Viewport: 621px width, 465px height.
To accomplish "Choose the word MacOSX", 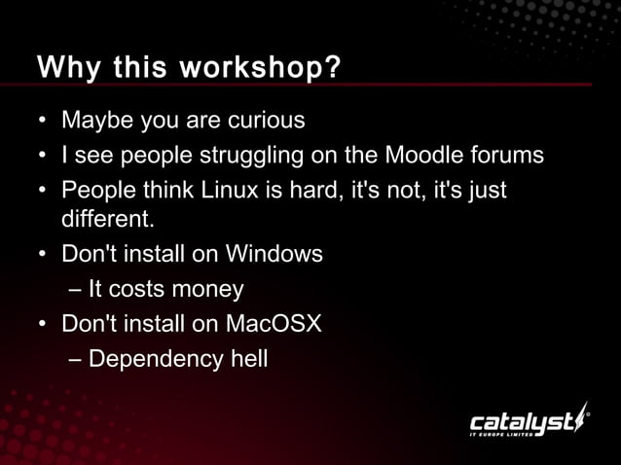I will point(274,323).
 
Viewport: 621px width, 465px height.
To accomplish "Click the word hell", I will point(248,358).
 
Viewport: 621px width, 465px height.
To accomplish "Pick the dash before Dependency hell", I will point(76,359).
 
